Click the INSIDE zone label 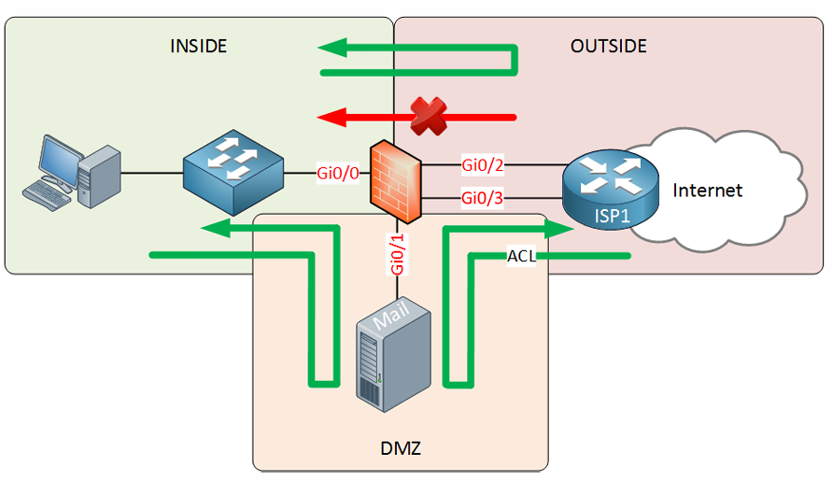(x=199, y=46)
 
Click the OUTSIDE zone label (x=609, y=46)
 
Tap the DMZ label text (x=401, y=448)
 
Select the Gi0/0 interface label (x=338, y=173)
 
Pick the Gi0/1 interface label (x=397, y=254)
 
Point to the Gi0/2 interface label (x=483, y=165)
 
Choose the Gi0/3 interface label (x=483, y=198)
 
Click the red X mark (x=429, y=116)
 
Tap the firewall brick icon (x=395, y=181)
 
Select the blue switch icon (x=233, y=173)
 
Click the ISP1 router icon (x=610, y=190)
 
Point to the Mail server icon (x=393, y=354)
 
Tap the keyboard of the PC (x=47, y=195)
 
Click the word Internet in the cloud (x=707, y=190)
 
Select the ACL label (x=522, y=256)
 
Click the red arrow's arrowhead (x=331, y=117)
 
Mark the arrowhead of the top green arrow (x=332, y=48)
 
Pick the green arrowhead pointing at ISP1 (x=559, y=229)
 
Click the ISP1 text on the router (x=612, y=216)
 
